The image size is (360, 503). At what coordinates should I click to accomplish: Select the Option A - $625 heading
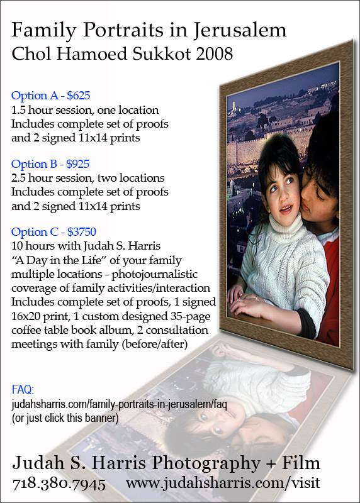(x=51, y=96)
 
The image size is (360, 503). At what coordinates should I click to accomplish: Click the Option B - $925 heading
(x=51, y=164)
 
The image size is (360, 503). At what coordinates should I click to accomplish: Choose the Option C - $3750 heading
(x=53, y=232)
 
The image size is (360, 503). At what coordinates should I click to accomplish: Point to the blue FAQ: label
(x=23, y=389)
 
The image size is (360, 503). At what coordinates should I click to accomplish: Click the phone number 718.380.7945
(x=59, y=484)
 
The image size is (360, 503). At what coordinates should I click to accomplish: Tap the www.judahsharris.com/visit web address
(x=223, y=484)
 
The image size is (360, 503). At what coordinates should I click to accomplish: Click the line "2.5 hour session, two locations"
(x=87, y=179)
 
